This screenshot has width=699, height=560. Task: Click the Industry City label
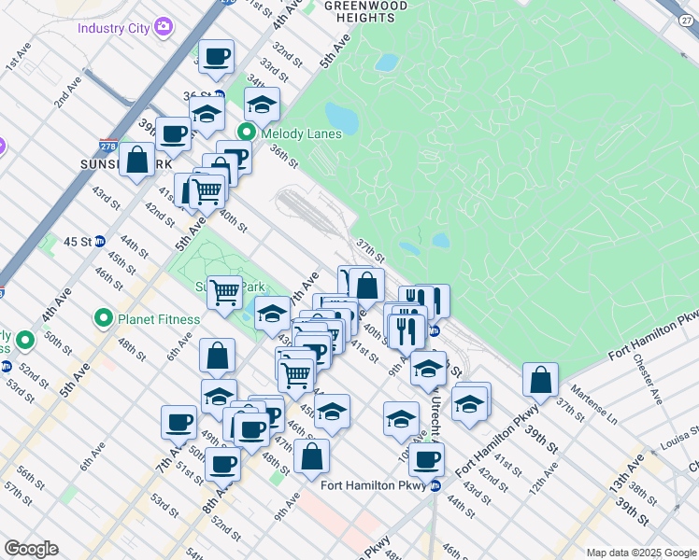pyautogui.click(x=114, y=28)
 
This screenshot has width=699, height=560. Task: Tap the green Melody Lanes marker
pyautogui.click(x=248, y=133)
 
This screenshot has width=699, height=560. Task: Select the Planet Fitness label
pyautogui.click(x=159, y=319)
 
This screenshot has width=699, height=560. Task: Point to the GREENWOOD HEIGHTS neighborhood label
pyautogui.click(x=365, y=11)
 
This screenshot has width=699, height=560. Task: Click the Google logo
pyautogui.click(x=31, y=548)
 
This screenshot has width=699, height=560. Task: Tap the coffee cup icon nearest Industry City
pyautogui.click(x=216, y=57)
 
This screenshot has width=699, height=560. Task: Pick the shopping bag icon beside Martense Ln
pyautogui.click(x=540, y=379)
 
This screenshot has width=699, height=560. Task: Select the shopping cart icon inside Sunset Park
pyautogui.click(x=224, y=292)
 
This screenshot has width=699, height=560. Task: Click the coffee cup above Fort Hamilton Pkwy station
pyautogui.click(x=427, y=458)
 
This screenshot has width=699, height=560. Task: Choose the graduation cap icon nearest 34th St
pyautogui.click(x=263, y=105)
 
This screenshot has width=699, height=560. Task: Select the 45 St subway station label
pyautogui.click(x=76, y=241)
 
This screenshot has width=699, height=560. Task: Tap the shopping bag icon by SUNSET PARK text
pyautogui.click(x=137, y=159)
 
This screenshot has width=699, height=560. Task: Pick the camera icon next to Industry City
pyautogui.click(x=164, y=27)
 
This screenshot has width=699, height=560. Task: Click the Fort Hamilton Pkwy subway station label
pyautogui.click(x=374, y=485)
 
